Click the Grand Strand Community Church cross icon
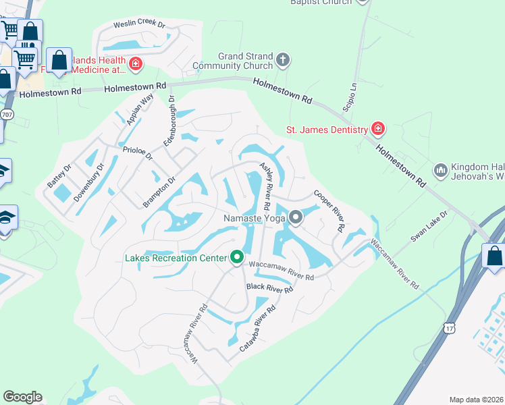pos(283,61)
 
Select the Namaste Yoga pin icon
pos(296,217)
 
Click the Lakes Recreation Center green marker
pos(236,257)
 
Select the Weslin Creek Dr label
pos(139,24)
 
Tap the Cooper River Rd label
pos(329,211)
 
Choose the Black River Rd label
pos(269,288)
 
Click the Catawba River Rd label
pos(258,329)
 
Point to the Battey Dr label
pos(58,175)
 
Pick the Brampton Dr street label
pos(159,193)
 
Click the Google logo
pos(22,397)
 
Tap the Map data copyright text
pos(475,400)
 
